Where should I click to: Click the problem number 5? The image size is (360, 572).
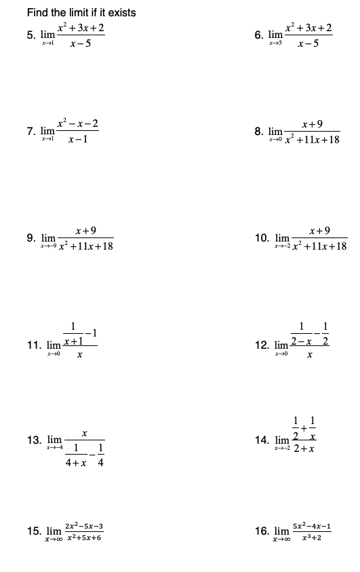tap(31, 36)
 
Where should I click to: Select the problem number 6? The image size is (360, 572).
tap(258, 35)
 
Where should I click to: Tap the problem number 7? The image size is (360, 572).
tap(31, 130)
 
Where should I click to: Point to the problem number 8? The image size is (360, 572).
tap(258, 130)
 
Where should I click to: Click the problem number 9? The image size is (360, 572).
tap(31, 238)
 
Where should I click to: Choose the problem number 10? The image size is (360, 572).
tap(261, 238)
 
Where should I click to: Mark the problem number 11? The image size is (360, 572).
tap(33, 344)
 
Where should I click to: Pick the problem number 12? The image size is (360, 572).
tap(262, 345)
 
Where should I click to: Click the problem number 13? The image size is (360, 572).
tap(34, 440)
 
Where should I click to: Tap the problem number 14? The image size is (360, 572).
tap(262, 440)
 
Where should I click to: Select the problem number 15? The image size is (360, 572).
tap(34, 531)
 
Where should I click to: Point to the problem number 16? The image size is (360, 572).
tap(262, 531)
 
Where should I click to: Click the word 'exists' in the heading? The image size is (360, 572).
tap(121, 12)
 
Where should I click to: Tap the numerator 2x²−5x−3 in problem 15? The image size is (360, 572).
tap(84, 525)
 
